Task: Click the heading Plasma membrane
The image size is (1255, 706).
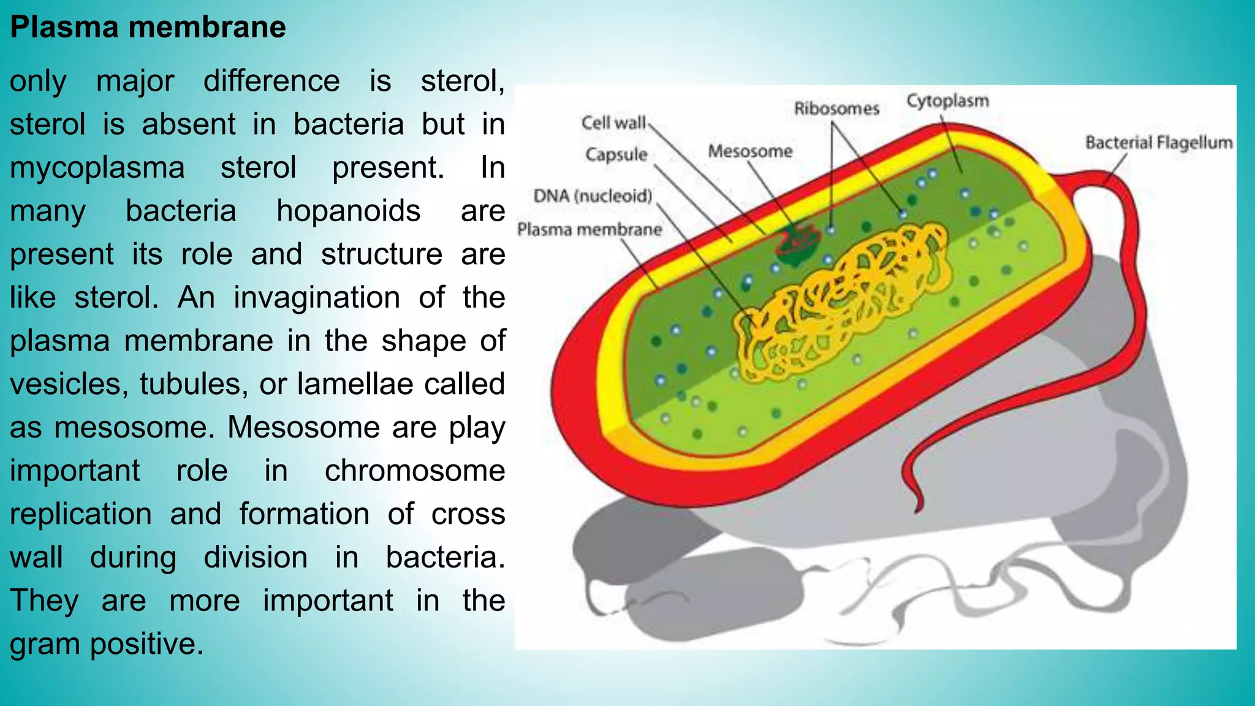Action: pyautogui.click(x=148, y=28)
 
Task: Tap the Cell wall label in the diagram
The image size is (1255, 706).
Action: pyautogui.click(x=613, y=123)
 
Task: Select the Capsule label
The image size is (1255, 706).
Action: pyautogui.click(x=616, y=154)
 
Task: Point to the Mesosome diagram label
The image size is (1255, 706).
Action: pyautogui.click(x=750, y=151)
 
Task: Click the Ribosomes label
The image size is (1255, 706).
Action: pyautogui.click(x=836, y=109)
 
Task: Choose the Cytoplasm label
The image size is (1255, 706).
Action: pyautogui.click(x=947, y=101)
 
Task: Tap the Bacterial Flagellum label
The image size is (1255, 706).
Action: pyautogui.click(x=1158, y=143)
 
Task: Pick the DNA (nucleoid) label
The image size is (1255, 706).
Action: pyautogui.click(x=593, y=196)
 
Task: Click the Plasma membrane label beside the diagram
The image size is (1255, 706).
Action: pyautogui.click(x=590, y=230)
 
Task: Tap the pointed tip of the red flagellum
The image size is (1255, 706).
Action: pyautogui.click(x=918, y=509)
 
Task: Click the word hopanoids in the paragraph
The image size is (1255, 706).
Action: pyautogui.click(x=348, y=211)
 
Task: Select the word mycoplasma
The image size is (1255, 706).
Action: pyautogui.click(x=97, y=168)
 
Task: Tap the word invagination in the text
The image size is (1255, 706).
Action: pyautogui.click(x=317, y=298)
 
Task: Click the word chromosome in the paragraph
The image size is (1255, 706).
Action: pyautogui.click(x=415, y=471)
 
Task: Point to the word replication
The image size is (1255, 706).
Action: pyautogui.click(x=81, y=514)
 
